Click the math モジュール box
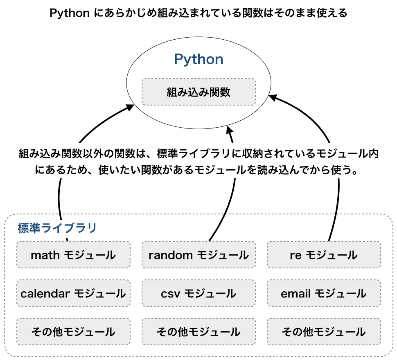point(73,254)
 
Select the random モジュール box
point(198,254)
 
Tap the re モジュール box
point(324,254)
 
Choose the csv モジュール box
point(198,293)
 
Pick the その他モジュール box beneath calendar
point(73,331)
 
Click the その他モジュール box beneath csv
point(198,331)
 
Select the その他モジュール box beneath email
point(324,331)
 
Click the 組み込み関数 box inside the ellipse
point(198,92)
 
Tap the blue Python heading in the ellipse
point(198,59)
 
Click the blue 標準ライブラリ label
point(57,228)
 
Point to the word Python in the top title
point(70,13)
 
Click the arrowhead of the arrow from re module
point(273,97)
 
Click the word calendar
point(45,293)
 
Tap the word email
point(296,293)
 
